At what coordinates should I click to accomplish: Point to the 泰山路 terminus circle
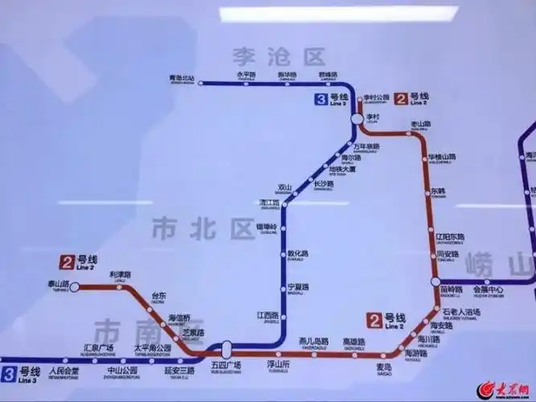click(x=75, y=285)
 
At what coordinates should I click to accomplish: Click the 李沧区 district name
click(x=279, y=56)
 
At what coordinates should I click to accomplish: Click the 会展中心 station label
click(x=487, y=289)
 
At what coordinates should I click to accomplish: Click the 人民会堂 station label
click(x=63, y=371)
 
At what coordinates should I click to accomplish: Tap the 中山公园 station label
click(x=122, y=371)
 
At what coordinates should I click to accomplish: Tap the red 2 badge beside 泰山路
click(x=66, y=261)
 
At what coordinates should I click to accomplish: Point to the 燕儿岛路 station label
click(x=313, y=341)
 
